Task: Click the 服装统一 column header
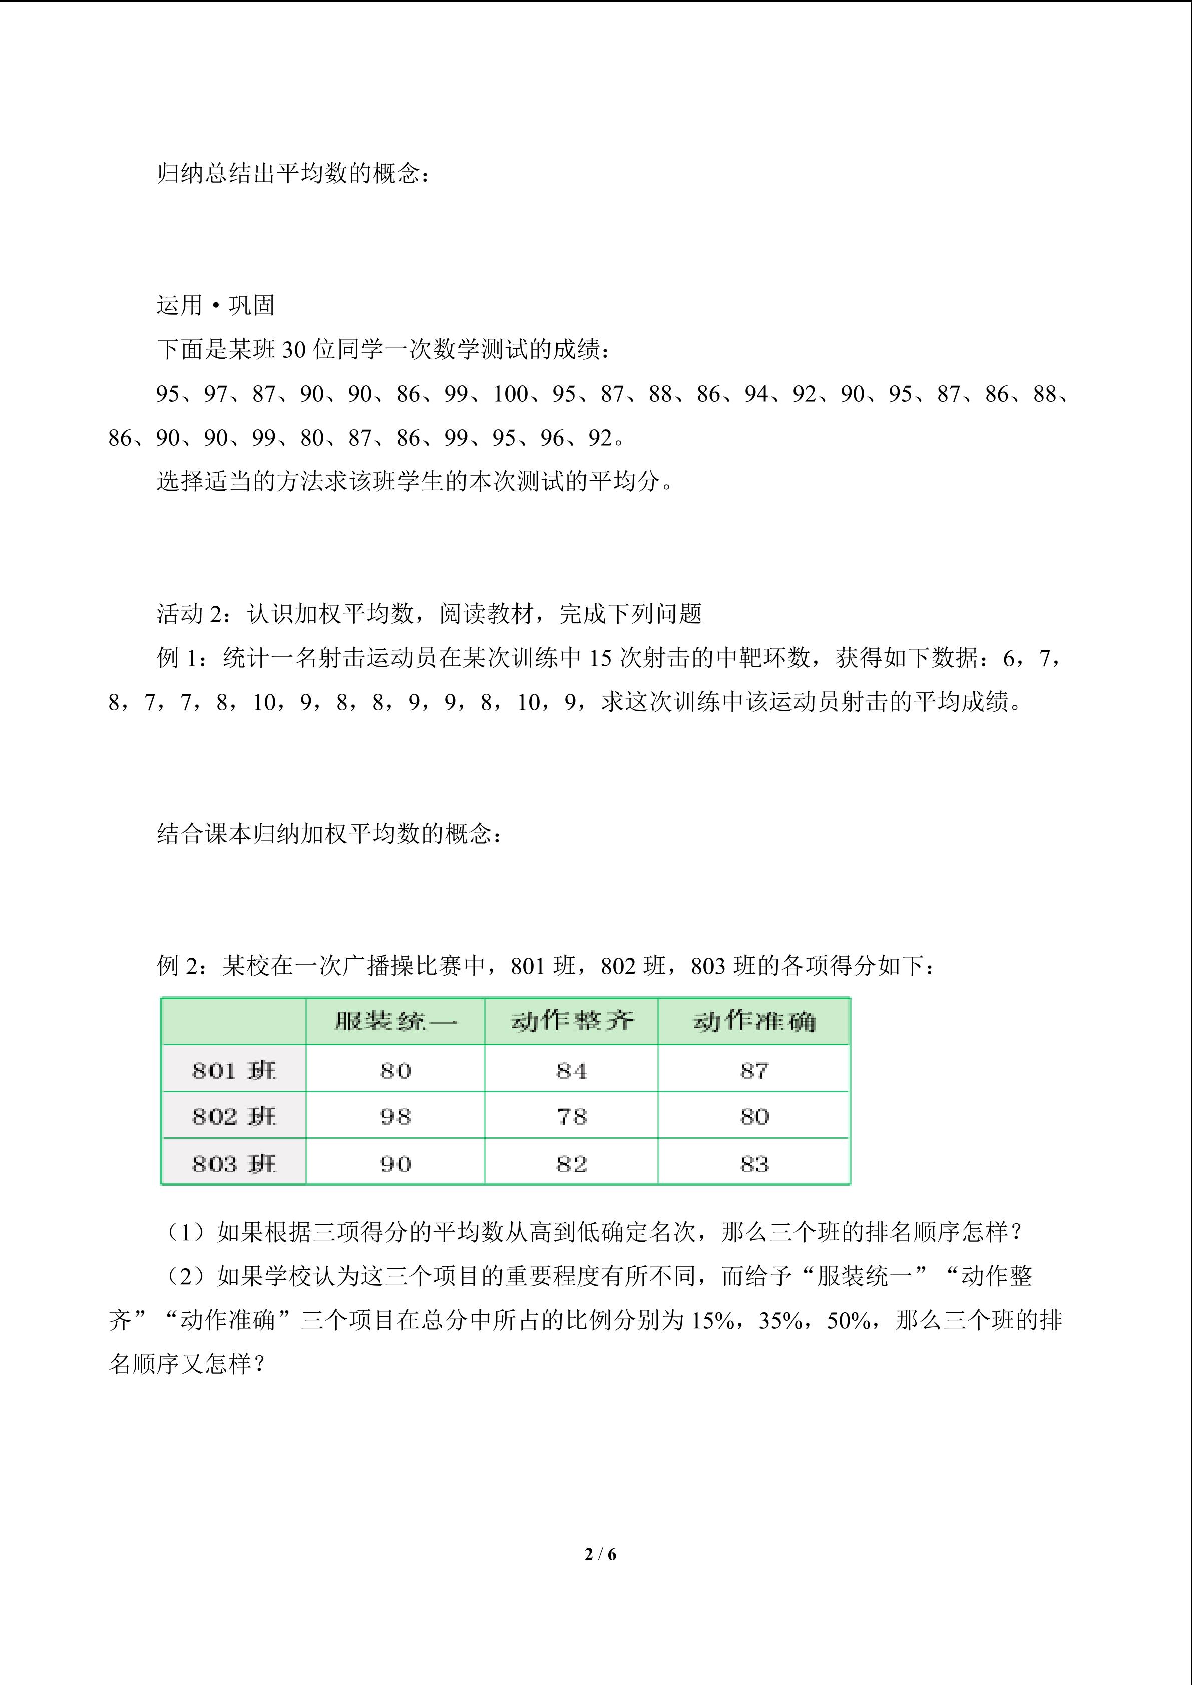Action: click(395, 1021)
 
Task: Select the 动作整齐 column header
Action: click(571, 1021)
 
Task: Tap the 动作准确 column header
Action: click(754, 1021)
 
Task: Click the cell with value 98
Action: click(395, 1116)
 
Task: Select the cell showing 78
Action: click(571, 1116)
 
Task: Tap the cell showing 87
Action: click(754, 1071)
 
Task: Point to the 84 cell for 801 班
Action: click(571, 1071)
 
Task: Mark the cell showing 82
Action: click(571, 1163)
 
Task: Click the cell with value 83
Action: click(754, 1163)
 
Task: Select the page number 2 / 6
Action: click(600, 1554)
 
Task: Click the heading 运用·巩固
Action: click(215, 305)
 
